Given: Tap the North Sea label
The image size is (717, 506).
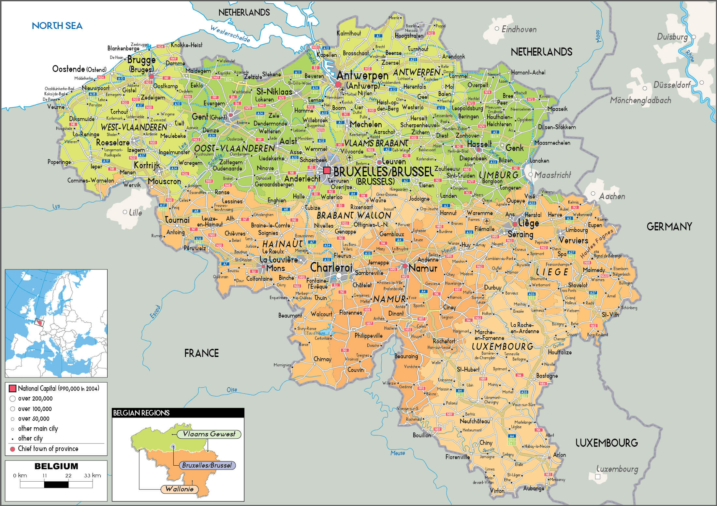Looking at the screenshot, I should point(57,26).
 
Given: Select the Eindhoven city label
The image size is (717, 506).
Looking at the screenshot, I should point(519,29).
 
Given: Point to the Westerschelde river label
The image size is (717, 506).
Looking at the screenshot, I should point(230,34).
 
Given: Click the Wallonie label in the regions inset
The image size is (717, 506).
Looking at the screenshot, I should point(179,489).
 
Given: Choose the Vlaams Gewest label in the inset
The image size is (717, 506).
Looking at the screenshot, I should point(209,434).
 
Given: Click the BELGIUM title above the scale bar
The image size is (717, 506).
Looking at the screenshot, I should point(56,466).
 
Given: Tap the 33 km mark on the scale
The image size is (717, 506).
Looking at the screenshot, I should point(93,475).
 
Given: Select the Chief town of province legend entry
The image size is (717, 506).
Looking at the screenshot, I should point(48,449).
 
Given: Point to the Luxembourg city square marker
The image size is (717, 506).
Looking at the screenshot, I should point(598,477).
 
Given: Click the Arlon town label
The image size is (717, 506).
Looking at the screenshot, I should point(559,455).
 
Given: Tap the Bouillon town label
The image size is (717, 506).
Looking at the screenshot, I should point(422,435).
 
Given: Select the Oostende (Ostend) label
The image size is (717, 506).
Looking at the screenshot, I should point(79,69).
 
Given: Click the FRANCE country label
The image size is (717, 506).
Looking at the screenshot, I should point(201,353).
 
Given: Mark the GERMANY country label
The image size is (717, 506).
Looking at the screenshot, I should point(669,227).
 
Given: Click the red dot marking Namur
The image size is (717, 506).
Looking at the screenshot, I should point(405,266).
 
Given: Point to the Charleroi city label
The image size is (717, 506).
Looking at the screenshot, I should point(331,267).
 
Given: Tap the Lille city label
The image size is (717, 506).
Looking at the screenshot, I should point(135,213).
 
